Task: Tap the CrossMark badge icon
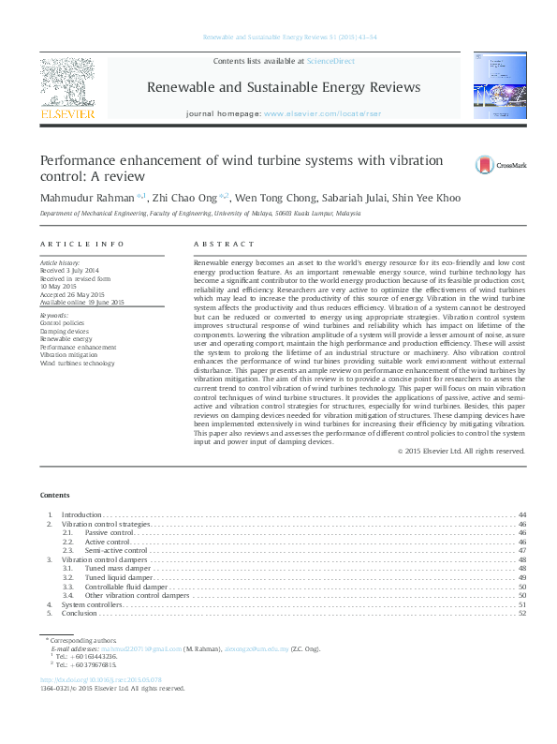click(x=488, y=164)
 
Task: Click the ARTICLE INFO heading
click(x=69, y=244)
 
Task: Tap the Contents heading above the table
click(x=54, y=494)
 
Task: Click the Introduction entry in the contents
click(x=81, y=515)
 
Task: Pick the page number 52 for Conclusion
click(x=522, y=614)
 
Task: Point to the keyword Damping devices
click(x=65, y=332)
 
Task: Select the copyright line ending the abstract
click(x=462, y=450)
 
